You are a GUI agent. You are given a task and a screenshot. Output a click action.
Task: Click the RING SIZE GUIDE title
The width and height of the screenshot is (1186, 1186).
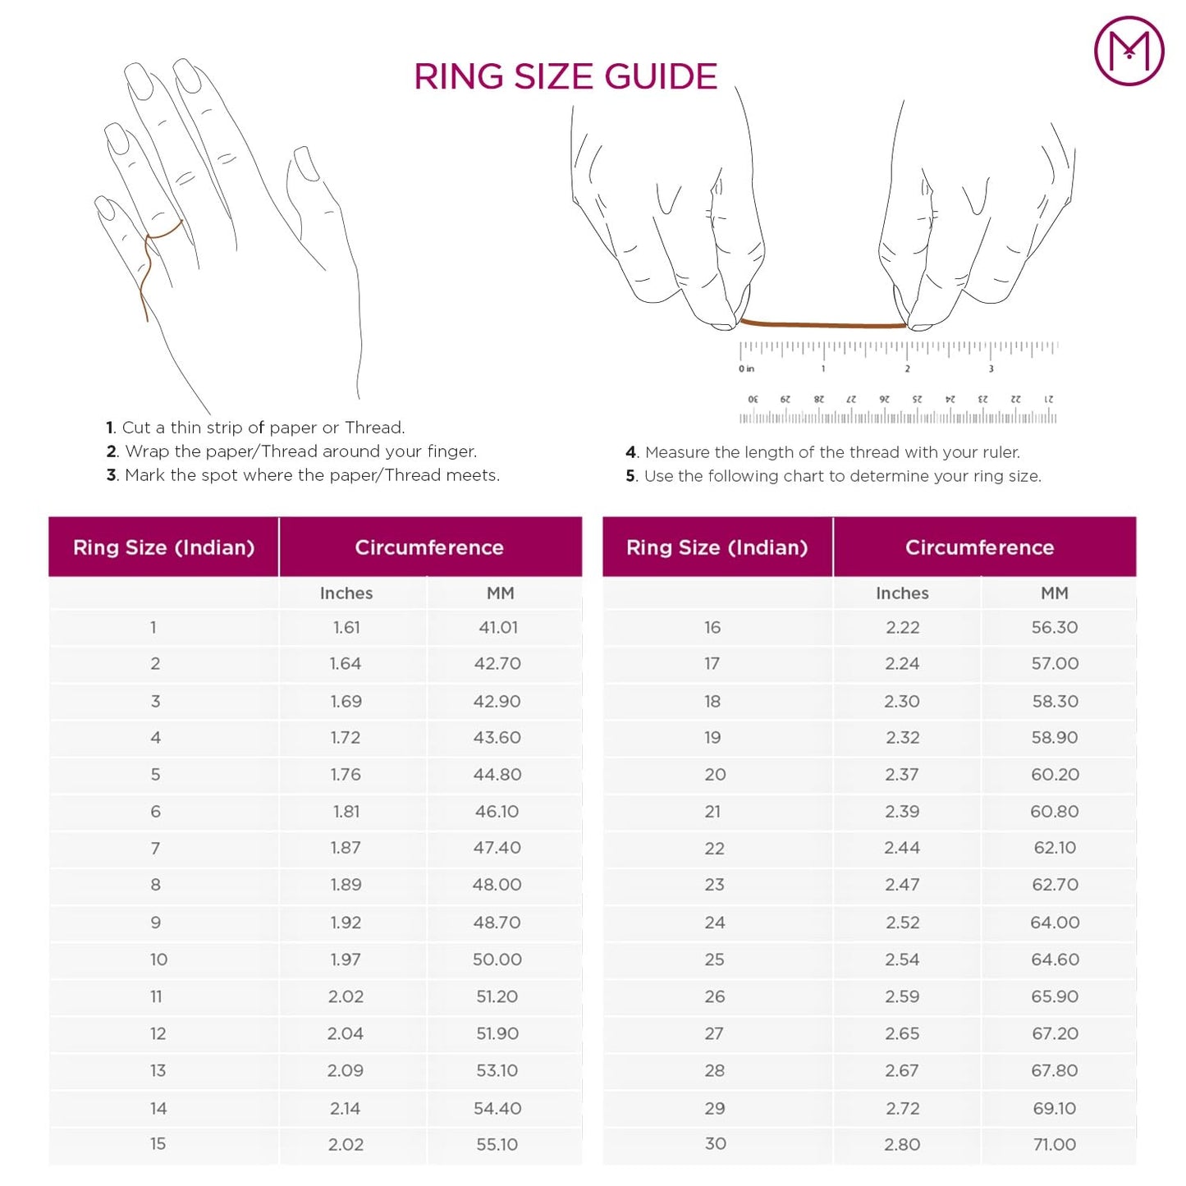coord(565,76)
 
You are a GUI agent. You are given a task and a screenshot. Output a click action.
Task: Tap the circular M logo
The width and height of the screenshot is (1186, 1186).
coord(1129,50)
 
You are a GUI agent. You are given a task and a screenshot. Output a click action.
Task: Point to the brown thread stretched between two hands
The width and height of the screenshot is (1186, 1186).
coord(822,324)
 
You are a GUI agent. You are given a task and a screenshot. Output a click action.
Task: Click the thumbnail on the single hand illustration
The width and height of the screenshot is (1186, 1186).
coord(307,163)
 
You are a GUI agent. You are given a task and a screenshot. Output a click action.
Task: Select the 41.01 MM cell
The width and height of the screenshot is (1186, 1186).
coord(498,627)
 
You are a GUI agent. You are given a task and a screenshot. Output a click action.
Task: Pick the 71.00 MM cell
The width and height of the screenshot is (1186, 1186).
coord(1055,1144)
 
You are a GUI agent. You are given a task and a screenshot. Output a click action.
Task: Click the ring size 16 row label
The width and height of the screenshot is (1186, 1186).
coord(712,627)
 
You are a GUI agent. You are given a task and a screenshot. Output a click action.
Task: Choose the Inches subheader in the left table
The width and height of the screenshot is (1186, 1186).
coord(346,593)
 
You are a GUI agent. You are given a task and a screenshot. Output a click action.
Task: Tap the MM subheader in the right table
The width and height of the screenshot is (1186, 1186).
coord(1055,593)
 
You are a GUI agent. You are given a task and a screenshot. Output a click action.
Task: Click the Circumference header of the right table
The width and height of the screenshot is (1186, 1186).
coord(979,547)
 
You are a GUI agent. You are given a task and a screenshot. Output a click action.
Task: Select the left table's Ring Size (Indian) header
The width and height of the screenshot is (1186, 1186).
coord(163,547)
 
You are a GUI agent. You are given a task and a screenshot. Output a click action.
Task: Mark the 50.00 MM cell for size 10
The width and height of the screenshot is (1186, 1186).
coord(497,959)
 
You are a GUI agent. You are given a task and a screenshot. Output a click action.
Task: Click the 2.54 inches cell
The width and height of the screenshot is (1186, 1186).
coord(902,959)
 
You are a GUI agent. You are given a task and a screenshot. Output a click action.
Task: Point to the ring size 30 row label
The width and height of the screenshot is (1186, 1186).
coord(715,1143)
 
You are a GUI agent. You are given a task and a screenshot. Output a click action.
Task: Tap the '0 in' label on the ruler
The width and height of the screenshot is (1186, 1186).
coord(746,369)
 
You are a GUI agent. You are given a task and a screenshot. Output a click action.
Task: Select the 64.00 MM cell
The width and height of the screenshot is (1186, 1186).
coord(1055,923)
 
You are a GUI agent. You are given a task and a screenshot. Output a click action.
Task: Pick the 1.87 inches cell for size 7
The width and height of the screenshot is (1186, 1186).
coord(346,848)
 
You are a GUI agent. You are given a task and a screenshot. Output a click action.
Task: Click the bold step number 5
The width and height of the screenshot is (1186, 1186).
coord(630,476)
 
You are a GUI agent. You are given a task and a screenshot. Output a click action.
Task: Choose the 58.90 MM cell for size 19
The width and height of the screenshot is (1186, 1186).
coord(1055,737)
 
